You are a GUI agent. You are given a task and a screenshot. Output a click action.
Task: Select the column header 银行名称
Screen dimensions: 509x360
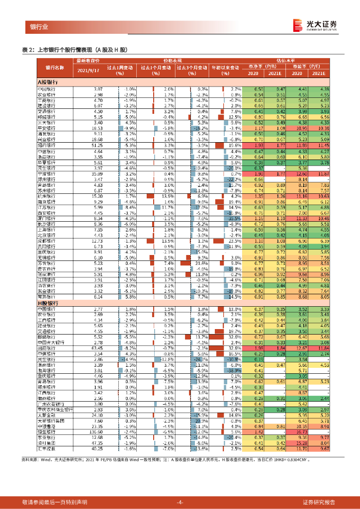(x=55, y=67)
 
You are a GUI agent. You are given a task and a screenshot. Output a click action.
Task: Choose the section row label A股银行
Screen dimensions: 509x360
(x=49, y=81)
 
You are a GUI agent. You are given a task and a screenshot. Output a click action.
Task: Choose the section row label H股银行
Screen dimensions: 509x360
(x=49, y=302)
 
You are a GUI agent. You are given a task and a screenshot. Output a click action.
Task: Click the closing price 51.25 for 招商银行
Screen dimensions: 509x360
(x=97, y=145)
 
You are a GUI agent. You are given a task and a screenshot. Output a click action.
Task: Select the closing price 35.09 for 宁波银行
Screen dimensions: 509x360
(x=97, y=174)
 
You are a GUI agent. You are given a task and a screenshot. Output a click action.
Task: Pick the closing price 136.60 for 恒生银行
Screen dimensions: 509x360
(x=96, y=431)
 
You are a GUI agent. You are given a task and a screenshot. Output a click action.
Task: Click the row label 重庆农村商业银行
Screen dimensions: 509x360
(x=56, y=410)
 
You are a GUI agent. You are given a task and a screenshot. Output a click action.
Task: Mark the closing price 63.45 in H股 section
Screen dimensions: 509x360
(x=97, y=348)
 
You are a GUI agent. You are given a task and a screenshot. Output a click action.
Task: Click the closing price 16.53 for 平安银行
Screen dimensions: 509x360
(x=97, y=128)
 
